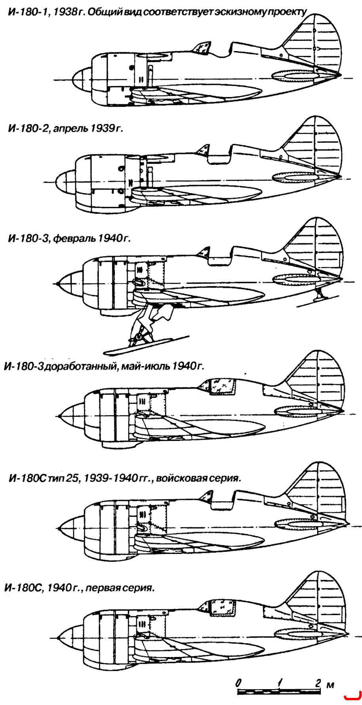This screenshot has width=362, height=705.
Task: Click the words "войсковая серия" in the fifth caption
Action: click(x=198, y=478)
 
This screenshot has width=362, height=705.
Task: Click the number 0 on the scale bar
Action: click(x=238, y=683)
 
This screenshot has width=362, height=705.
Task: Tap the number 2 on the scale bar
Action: click(x=317, y=683)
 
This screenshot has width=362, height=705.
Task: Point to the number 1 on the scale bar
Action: click(x=280, y=683)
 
